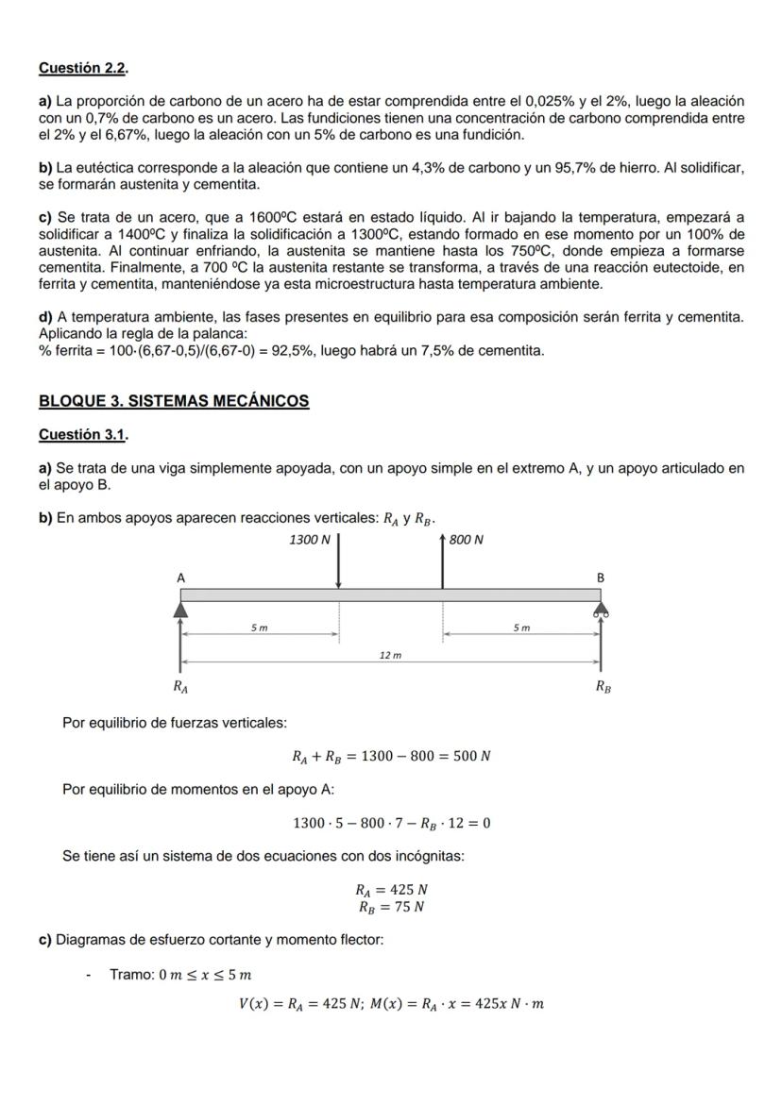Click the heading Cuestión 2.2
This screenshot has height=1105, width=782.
[x=83, y=68]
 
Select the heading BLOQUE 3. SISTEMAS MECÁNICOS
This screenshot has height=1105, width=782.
[x=174, y=401]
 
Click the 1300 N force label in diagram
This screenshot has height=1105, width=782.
[x=310, y=541]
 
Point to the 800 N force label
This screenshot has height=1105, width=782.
[x=466, y=541]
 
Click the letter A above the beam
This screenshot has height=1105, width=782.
[x=180, y=577]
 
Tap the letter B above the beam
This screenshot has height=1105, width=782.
[x=600, y=577]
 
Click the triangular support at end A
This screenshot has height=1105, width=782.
[x=180, y=611]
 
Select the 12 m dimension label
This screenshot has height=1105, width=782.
[x=390, y=655]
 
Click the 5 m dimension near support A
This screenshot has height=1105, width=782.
[x=258, y=628]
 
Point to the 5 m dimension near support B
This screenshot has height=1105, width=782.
[x=521, y=628]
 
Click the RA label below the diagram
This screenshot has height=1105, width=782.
[x=179, y=688]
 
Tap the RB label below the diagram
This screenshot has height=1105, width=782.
[x=603, y=688]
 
